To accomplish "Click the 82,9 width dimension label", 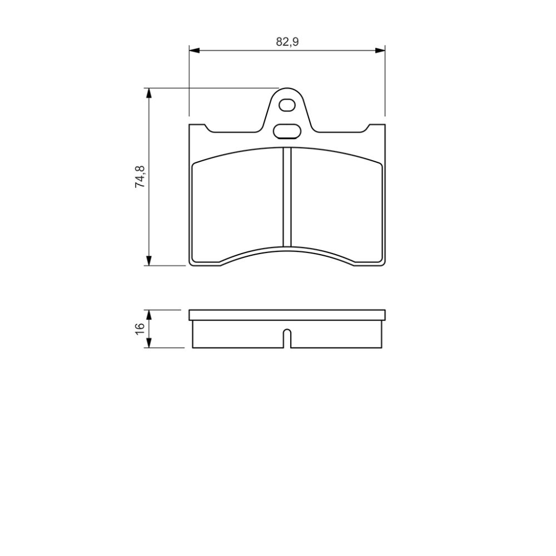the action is tap(287, 42).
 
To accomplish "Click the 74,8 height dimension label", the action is tap(140, 177).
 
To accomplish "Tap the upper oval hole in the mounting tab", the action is tap(287, 105).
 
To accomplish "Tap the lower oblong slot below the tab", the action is tap(287, 131).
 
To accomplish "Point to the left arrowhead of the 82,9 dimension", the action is tap(195, 51).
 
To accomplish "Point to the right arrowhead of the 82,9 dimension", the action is tap(380, 51).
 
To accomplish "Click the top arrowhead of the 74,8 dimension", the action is tap(149, 93).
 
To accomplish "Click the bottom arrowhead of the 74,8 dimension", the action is tap(149, 260).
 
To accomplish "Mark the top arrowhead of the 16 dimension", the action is tap(149, 316).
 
